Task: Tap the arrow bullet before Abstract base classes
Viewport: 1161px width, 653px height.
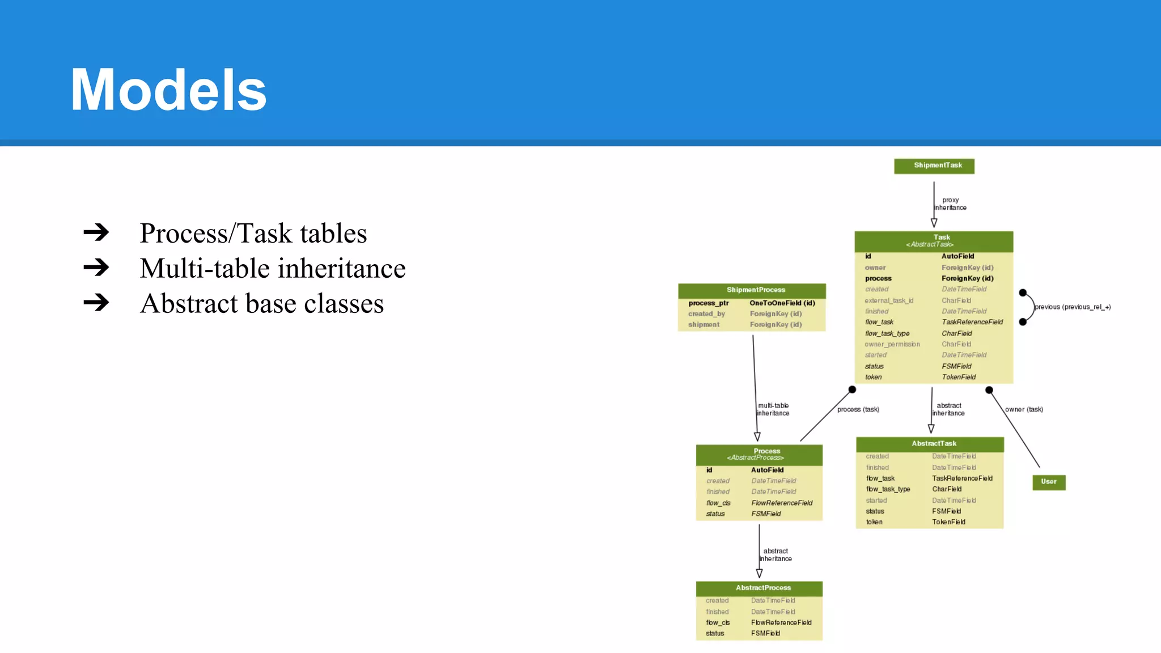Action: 96,302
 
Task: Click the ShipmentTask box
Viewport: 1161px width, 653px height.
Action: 934,166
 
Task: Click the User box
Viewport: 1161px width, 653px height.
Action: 1048,482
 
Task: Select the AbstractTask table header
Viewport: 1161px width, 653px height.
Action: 933,444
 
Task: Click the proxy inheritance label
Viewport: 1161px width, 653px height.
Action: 950,204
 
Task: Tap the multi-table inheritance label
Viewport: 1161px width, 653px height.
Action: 773,409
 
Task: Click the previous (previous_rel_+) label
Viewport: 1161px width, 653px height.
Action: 1072,307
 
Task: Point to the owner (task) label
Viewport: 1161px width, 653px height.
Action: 1024,409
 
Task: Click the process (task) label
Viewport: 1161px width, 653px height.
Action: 858,409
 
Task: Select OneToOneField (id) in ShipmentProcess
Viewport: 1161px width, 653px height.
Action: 782,303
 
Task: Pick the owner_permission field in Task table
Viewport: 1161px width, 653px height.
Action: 892,344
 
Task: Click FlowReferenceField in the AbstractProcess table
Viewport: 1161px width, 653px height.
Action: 781,622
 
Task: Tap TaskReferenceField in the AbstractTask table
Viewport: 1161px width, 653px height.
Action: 961,478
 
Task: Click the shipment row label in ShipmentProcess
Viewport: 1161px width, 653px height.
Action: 704,325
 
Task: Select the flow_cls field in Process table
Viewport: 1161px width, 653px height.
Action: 718,503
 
